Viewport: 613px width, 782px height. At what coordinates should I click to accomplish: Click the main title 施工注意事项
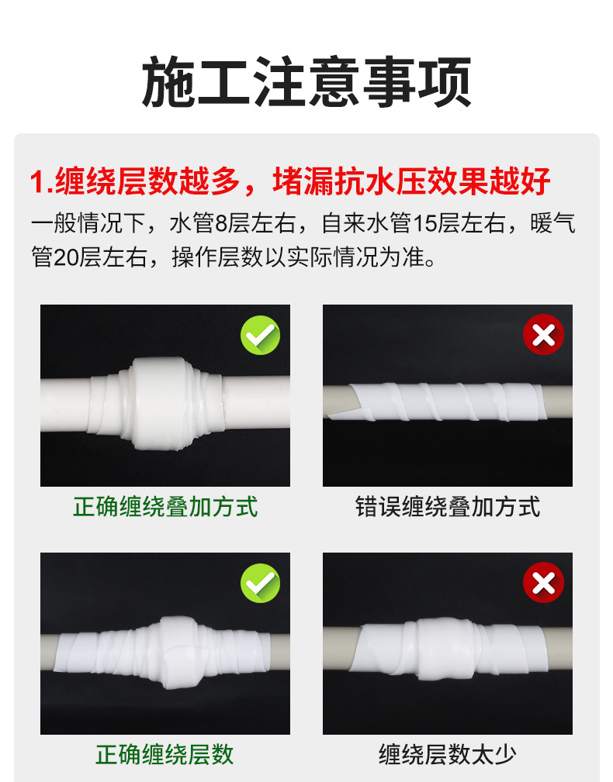point(306,82)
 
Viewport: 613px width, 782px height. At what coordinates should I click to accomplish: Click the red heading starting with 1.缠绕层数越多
point(290,181)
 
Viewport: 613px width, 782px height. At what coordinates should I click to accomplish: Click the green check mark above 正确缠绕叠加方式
point(260,335)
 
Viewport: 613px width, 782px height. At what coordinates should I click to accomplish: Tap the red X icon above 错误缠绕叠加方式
point(543,335)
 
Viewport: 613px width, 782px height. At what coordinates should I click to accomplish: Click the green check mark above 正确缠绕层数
point(260,583)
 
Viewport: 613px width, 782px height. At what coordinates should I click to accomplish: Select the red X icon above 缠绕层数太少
point(543,583)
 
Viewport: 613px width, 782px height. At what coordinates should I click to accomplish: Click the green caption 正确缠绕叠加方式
point(165,507)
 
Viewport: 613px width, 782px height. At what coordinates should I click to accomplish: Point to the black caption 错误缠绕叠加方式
point(448,507)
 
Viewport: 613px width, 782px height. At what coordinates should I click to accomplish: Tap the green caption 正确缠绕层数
point(165,754)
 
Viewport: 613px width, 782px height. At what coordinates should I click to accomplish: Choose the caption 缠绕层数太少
point(447,754)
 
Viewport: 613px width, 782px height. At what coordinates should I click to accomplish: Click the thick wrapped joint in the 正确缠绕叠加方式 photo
point(156,403)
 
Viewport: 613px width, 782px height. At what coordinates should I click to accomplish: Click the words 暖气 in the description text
point(553,223)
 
